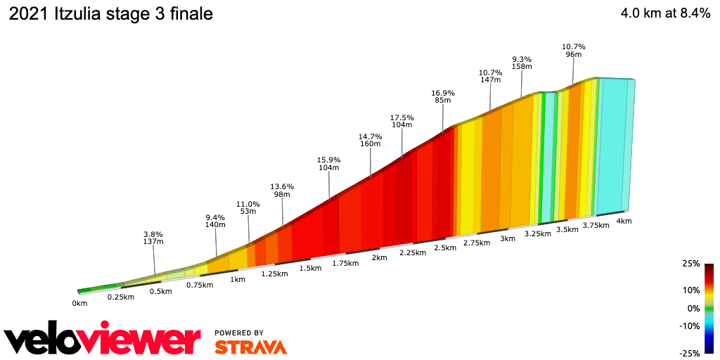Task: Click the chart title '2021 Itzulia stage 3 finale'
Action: click(110, 13)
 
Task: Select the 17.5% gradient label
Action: click(402, 121)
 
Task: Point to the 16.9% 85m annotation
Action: click(443, 96)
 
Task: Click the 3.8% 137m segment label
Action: click(153, 238)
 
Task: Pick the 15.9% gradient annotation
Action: click(329, 163)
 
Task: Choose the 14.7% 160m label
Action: click(370, 140)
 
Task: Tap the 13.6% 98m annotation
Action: click(282, 190)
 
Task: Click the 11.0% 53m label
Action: click(248, 207)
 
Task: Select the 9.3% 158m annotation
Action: click(522, 63)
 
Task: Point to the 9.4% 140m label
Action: click(215, 221)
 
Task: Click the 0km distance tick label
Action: click(79, 304)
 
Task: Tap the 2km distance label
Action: click(379, 257)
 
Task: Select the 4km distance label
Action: click(624, 221)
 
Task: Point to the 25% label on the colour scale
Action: click(691, 264)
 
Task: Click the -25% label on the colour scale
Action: click(690, 353)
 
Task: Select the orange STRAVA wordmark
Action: click(250, 347)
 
